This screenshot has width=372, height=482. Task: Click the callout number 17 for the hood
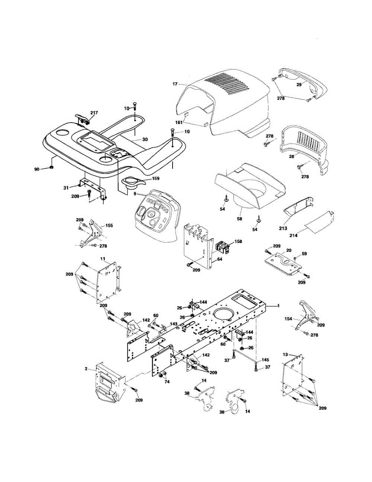(x=175, y=84)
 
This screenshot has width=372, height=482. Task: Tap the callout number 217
(x=94, y=113)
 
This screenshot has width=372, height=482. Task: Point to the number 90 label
(x=37, y=170)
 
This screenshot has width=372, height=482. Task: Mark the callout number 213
(x=283, y=228)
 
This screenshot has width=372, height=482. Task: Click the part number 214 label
(x=293, y=235)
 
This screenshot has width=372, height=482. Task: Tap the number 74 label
(x=166, y=382)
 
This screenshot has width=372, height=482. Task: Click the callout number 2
(x=86, y=368)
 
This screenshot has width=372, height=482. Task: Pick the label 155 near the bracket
(x=109, y=226)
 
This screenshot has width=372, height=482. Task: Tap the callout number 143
(x=173, y=324)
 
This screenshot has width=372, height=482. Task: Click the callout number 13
(x=285, y=355)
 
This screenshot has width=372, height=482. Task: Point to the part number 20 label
(x=288, y=250)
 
